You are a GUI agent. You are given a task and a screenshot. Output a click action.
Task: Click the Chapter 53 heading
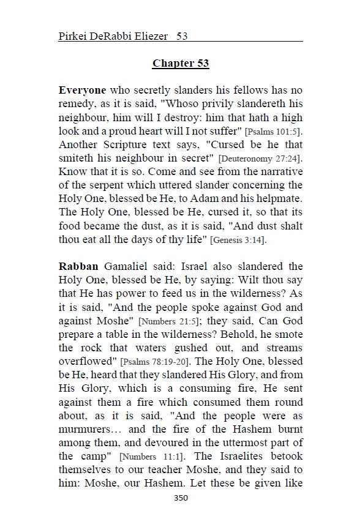[181, 63]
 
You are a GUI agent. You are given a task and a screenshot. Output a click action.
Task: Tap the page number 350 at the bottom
[181, 498]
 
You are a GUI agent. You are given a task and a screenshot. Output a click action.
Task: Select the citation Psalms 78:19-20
[154, 362]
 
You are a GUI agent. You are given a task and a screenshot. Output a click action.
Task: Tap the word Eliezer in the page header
[148, 36]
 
